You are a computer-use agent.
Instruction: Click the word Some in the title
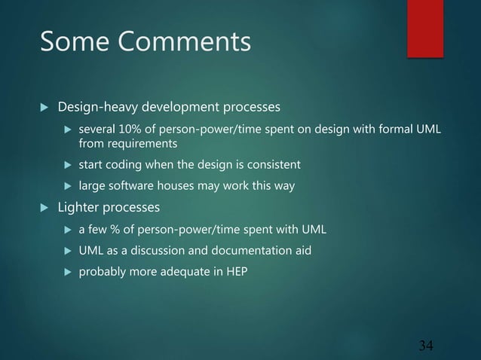pyautogui.click(x=72, y=42)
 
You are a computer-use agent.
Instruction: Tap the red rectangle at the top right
pyautogui.click(x=425, y=28)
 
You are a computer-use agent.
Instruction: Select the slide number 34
pyautogui.click(x=426, y=346)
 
